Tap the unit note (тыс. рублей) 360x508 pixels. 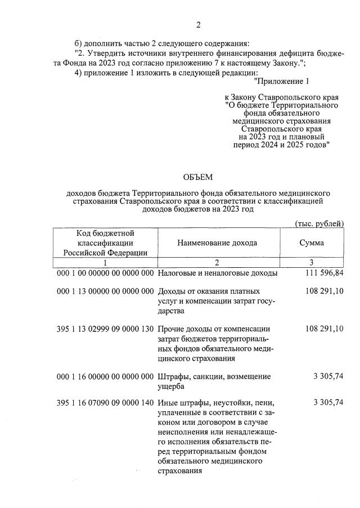(319, 223)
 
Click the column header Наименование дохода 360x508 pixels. (217, 242)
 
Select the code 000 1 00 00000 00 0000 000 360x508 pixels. (105, 273)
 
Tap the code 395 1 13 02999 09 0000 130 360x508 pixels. (105, 329)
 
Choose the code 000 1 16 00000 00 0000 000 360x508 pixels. (105, 376)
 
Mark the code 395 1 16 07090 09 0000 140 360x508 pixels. (105, 403)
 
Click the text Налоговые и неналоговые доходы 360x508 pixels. (217, 273)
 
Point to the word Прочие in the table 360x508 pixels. (172, 329)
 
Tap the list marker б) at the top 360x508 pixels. (80, 43)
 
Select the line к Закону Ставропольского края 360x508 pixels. (281, 97)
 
